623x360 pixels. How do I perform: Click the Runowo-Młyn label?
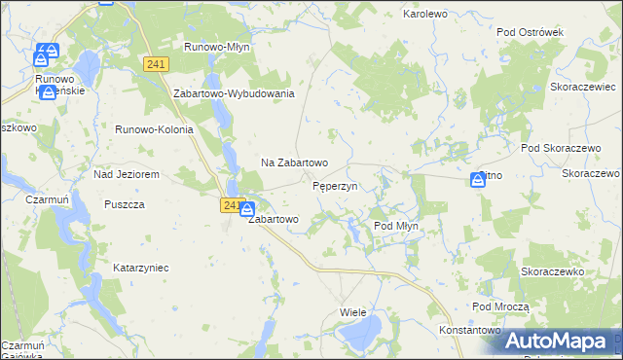[217, 46]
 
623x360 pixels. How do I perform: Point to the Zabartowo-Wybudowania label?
[234, 93]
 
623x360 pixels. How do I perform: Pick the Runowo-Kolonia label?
[155, 129]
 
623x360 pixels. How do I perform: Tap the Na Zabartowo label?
[294, 162]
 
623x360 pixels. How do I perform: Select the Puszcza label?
[124, 204]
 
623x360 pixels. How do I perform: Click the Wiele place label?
[352, 312]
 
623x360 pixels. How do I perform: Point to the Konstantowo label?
[469, 331]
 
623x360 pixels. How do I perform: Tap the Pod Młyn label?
[396, 226]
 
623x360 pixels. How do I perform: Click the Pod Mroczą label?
[500, 306]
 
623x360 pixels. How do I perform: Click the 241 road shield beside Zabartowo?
[231, 205]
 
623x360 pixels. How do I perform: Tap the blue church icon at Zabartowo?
[247, 209]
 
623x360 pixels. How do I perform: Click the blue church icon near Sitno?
[478, 179]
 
